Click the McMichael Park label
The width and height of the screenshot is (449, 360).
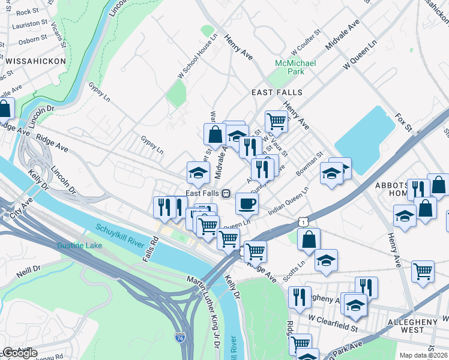click(289, 67)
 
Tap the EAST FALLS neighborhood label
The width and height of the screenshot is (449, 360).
click(276, 92)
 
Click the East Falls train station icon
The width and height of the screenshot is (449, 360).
click(226, 193)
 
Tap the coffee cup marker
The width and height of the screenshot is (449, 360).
click(247, 204)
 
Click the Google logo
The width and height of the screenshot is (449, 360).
click(19, 353)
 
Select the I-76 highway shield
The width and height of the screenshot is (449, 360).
click(179, 338)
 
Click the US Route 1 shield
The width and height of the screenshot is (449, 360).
click(304, 222)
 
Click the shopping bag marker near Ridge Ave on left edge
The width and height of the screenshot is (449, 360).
click(4, 109)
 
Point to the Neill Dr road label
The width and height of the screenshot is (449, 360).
click(28, 269)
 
